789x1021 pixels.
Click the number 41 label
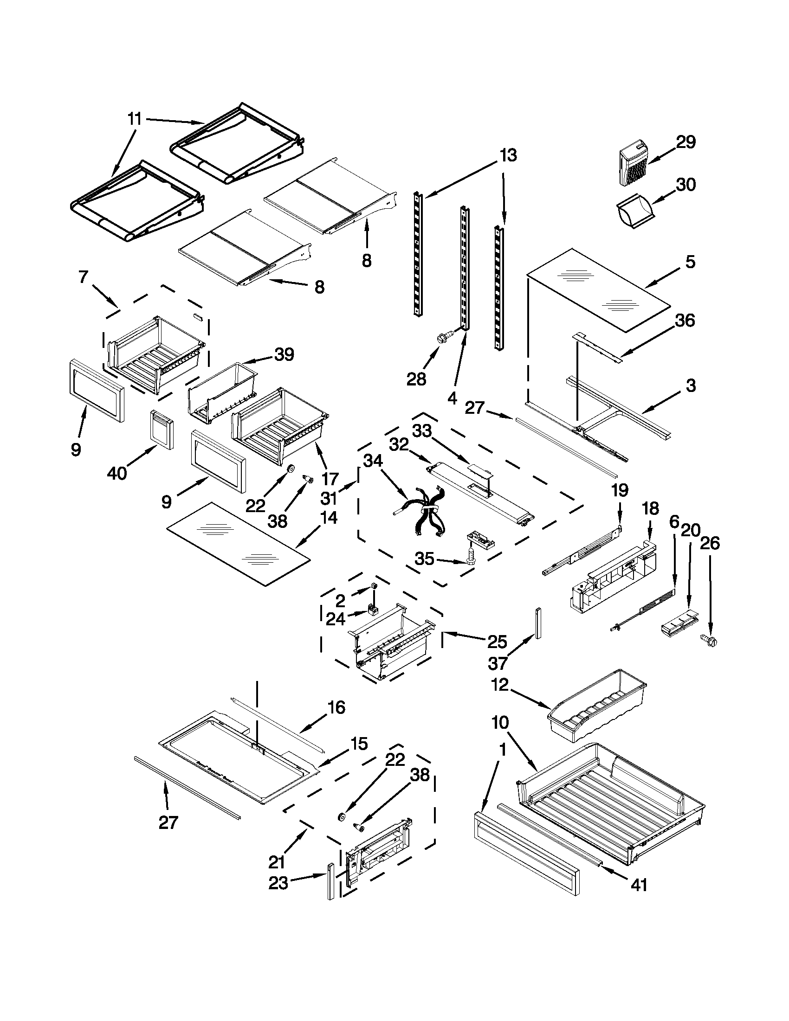tap(639, 885)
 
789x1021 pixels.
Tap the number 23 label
tap(278, 884)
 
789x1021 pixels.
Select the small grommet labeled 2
tap(374, 587)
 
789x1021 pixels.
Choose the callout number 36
tap(685, 320)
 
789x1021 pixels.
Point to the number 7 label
tap(82, 277)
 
